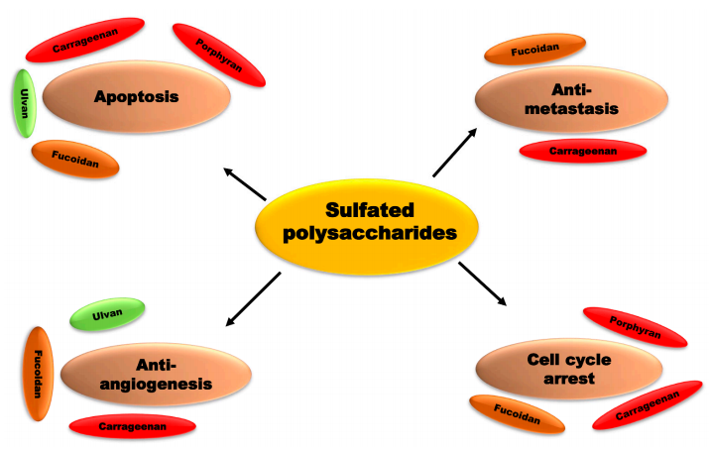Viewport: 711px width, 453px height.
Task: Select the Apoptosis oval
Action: click(x=136, y=96)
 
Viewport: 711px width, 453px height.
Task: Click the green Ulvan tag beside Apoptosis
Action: click(x=20, y=104)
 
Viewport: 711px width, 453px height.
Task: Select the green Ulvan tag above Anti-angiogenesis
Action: click(x=107, y=315)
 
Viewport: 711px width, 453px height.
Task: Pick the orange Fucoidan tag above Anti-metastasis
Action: click(x=533, y=48)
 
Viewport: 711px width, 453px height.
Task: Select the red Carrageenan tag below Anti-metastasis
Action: click(x=582, y=151)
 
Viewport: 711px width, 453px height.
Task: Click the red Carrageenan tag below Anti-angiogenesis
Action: click(x=131, y=426)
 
